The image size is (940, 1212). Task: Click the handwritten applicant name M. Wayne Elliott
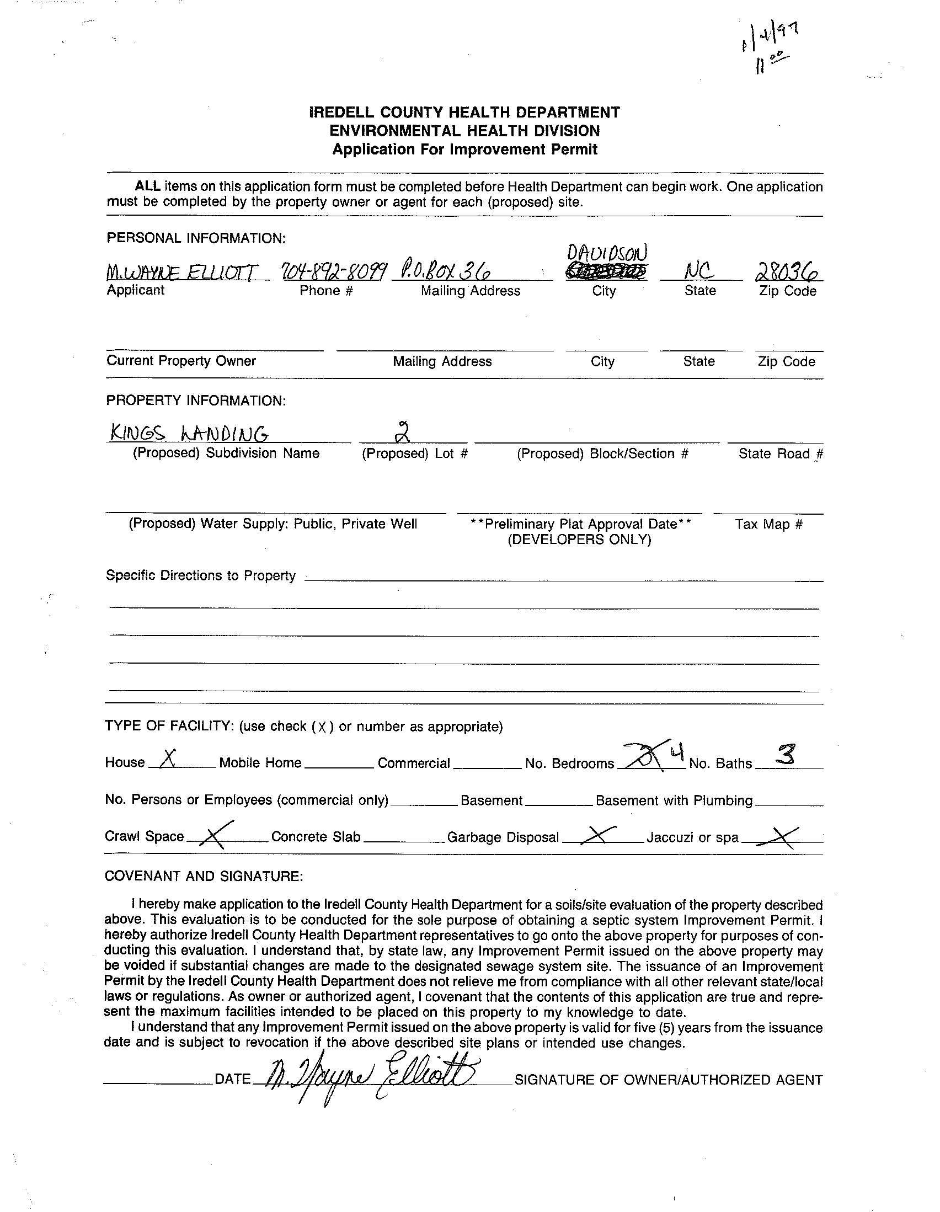pos(182,272)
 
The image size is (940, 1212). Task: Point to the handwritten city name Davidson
pos(606,254)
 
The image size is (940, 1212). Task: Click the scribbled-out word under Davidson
pos(606,272)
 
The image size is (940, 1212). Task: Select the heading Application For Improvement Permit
pos(464,150)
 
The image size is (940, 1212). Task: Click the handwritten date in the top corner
pos(770,47)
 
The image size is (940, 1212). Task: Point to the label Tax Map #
pos(768,524)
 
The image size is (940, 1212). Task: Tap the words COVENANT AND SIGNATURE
pos(204,875)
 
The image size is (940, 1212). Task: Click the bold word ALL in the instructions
pos(147,186)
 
